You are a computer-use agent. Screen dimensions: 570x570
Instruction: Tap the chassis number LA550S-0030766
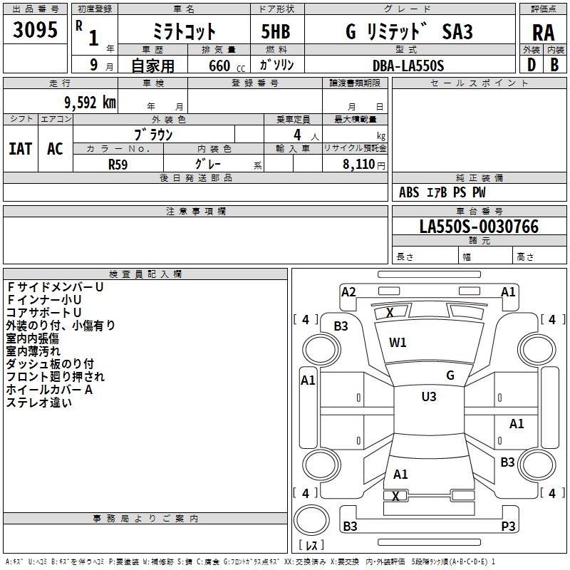(x=479, y=227)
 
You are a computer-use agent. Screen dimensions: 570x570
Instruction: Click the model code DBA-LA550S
(x=408, y=66)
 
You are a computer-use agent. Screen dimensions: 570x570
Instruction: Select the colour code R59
(x=118, y=164)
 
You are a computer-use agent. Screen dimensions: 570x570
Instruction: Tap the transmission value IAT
(x=20, y=148)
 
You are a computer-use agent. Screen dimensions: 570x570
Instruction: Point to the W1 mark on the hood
(x=398, y=343)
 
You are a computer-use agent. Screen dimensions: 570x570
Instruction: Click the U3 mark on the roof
(x=429, y=397)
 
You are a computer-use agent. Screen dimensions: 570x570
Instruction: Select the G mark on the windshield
(x=450, y=375)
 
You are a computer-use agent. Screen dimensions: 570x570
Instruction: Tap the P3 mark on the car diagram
(x=508, y=526)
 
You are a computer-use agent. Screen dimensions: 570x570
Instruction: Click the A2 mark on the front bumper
(x=348, y=291)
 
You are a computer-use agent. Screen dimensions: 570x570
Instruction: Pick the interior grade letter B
(x=554, y=65)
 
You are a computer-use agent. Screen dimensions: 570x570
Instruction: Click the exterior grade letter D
(x=531, y=65)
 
